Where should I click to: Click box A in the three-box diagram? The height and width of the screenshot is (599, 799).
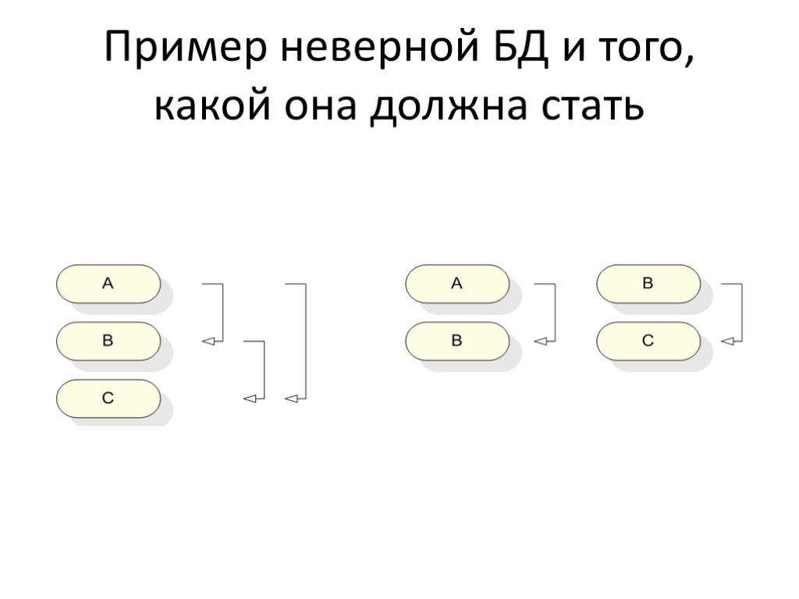pos(108,284)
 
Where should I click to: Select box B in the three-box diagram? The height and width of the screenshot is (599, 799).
pos(108,341)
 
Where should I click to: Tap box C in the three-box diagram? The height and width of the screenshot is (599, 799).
pos(108,399)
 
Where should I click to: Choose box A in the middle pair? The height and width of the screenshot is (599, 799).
pos(457,284)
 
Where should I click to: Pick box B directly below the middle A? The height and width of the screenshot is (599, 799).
pos(457,341)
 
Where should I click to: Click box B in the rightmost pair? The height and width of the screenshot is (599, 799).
pos(648,284)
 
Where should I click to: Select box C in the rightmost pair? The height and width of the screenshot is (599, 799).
pos(648,341)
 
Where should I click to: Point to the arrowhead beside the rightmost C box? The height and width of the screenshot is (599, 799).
pos(727,341)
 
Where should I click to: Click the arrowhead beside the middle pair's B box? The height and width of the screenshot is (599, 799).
pos(540,341)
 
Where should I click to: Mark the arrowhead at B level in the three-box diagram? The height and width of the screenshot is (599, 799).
pos(208,341)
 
